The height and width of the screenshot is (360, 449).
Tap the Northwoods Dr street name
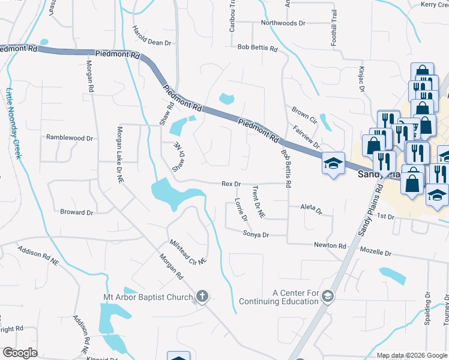tap(283, 23)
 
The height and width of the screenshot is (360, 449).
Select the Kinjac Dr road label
tap(363, 79)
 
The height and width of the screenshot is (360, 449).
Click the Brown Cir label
tap(304, 112)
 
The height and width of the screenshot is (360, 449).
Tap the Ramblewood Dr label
tap(70, 137)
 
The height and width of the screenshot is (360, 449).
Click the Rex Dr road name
tap(231, 184)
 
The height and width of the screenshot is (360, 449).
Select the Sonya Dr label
tap(256, 235)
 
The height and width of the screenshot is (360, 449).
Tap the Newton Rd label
tap(330, 245)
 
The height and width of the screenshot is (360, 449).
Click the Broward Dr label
tap(77, 212)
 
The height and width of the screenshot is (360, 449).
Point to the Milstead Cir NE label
tap(188, 251)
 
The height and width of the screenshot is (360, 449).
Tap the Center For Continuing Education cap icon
tap(328, 296)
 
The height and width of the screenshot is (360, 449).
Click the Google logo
tap(20, 353)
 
